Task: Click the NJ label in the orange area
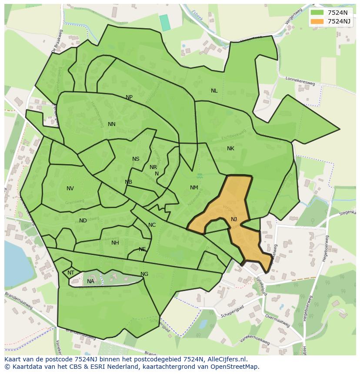(x=234, y=219)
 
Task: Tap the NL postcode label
(x=214, y=91)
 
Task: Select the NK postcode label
(x=230, y=149)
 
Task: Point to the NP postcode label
(x=129, y=97)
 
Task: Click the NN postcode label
(x=112, y=124)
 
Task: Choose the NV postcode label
(x=70, y=189)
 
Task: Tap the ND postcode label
(x=83, y=221)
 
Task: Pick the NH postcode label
(x=115, y=243)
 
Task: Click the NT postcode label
(x=71, y=273)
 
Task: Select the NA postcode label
(x=90, y=281)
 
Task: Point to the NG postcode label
(x=144, y=274)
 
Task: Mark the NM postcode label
(x=194, y=188)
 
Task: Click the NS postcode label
(x=136, y=159)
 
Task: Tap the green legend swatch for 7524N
(x=317, y=13)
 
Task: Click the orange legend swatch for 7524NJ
(x=317, y=21)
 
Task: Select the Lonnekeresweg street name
(x=300, y=81)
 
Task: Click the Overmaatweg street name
(x=277, y=321)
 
